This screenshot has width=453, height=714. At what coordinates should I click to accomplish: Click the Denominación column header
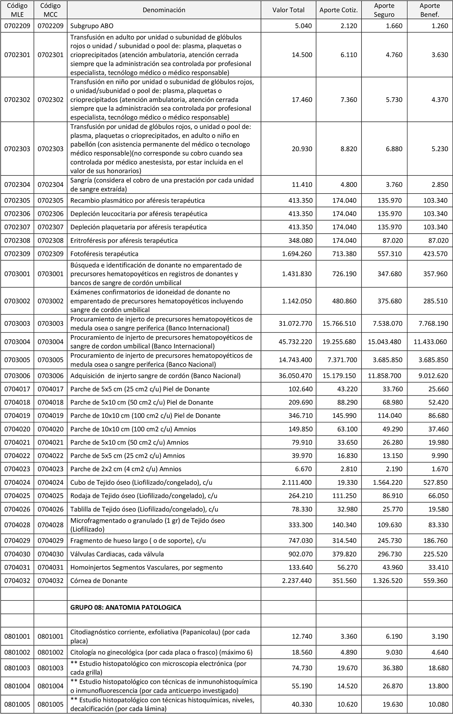(164, 10)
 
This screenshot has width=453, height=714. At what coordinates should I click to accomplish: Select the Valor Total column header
(288, 10)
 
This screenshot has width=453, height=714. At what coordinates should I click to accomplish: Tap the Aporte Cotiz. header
(339, 10)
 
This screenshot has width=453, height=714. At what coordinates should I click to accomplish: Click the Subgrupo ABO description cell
(92, 26)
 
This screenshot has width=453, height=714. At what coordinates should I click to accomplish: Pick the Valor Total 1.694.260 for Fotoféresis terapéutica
(297, 254)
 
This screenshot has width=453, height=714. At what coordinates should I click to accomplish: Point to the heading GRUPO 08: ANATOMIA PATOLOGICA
(126, 607)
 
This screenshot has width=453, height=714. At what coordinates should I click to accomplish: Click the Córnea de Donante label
(99, 581)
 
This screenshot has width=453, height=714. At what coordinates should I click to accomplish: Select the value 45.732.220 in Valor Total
(296, 342)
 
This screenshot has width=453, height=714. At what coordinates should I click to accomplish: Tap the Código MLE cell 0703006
(17, 376)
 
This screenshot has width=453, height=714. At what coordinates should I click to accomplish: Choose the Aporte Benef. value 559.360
(436, 581)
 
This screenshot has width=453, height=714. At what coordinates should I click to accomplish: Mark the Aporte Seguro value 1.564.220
(388, 482)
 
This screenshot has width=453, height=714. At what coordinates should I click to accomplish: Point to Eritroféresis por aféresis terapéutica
(124, 241)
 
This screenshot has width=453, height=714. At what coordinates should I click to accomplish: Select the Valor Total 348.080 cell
(301, 241)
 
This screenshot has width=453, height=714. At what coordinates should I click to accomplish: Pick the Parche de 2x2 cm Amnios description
(126, 469)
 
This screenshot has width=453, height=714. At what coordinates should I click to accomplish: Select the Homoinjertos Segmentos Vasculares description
(146, 567)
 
